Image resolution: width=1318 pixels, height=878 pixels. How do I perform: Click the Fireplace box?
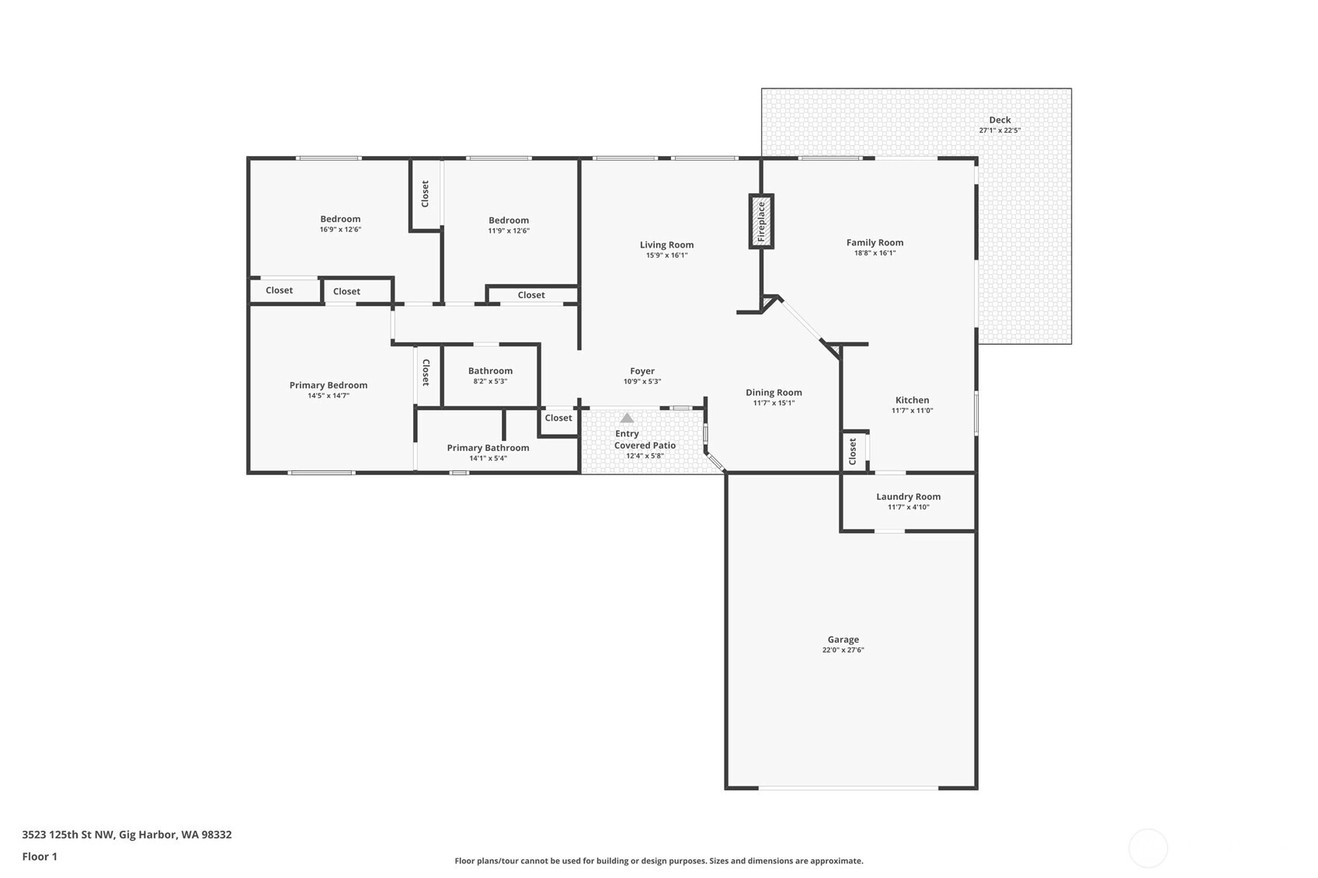point(761,221)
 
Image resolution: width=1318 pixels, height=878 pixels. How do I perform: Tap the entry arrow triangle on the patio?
point(628,418)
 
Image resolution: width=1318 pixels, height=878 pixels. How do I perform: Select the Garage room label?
point(843,639)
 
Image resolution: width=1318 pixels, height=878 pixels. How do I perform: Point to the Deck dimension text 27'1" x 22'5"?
point(1000,130)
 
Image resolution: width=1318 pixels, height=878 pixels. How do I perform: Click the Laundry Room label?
point(909,496)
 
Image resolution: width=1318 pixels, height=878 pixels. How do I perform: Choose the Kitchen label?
point(912,400)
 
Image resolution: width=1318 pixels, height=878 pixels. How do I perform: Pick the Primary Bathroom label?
point(488,447)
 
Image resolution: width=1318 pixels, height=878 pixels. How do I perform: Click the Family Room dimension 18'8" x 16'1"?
point(875,253)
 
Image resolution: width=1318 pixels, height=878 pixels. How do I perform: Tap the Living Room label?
point(666,245)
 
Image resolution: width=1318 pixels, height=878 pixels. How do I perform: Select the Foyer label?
point(642,371)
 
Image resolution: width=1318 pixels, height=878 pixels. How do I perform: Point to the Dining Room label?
point(774,392)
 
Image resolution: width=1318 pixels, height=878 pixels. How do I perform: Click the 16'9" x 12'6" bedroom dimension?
point(340,229)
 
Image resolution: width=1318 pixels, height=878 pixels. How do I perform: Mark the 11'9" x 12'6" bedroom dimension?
point(509,231)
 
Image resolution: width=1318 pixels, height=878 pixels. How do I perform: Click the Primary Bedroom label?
point(329,385)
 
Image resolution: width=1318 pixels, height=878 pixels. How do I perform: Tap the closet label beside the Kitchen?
point(853,451)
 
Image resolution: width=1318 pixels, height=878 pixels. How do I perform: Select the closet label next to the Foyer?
point(558,418)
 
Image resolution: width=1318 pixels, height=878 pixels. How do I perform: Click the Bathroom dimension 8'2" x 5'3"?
point(490,381)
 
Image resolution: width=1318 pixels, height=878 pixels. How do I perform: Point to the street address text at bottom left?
point(127,835)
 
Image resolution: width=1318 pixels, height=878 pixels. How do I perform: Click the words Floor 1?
point(40,856)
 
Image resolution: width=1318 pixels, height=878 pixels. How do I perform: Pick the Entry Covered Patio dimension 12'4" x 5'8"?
point(645,456)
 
